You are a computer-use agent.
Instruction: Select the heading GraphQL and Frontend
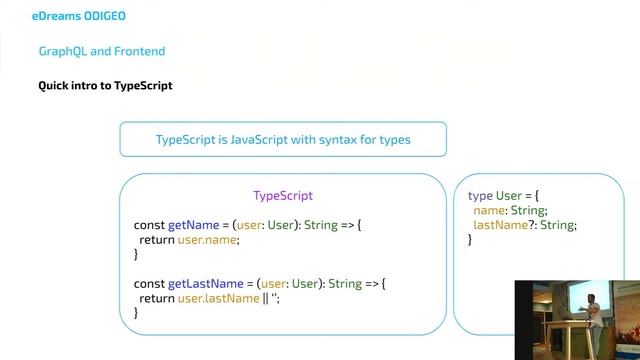coord(102,51)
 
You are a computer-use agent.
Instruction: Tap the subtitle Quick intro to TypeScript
coord(105,86)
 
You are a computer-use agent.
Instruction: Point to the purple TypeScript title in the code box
coord(283,196)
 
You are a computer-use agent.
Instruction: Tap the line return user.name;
coord(190,240)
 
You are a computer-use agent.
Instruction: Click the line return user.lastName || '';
coord(209,298)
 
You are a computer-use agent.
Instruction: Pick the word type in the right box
coord(480,196)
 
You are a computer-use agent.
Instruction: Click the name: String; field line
coord(510,211)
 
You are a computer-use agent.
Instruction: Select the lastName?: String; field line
coord(525,225)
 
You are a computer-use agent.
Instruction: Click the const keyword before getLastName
coord(149,284)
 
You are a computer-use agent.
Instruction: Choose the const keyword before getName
coord(149,226)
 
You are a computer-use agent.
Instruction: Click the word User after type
coord(510,196)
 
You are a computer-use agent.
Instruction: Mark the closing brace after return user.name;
coord(136,255)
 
